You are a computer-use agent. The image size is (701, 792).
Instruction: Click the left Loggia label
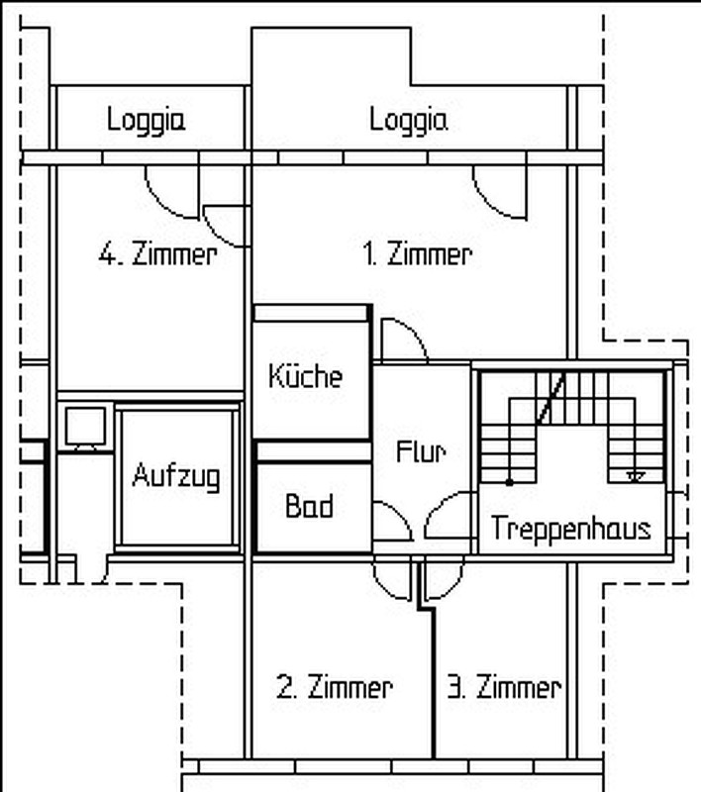coord(146,121)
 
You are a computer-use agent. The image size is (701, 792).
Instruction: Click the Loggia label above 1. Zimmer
coord(409,121)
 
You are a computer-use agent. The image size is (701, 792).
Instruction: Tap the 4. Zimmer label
coord(158,254)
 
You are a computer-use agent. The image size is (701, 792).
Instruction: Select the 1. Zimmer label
coord(418,254)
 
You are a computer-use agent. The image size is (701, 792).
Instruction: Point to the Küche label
coord(306,376)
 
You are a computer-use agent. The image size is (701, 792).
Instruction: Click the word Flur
coord(421,451)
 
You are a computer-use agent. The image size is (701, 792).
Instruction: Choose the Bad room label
coord(309,506)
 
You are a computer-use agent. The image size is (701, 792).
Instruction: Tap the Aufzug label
coord(176,476)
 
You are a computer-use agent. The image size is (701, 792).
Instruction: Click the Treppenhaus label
coord(570,529)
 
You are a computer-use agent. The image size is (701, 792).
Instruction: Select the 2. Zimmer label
coord(335,687)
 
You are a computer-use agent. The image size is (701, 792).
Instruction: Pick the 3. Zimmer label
coord(505,687)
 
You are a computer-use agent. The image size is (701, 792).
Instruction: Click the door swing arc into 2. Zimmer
coord(385,588)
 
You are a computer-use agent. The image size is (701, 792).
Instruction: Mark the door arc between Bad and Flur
coord(402,513)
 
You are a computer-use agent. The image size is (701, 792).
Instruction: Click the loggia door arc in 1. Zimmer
coord(487,205)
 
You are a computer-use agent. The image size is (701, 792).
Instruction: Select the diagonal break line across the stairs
coord(550,398)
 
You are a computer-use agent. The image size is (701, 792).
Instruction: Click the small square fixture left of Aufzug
coord(85,427)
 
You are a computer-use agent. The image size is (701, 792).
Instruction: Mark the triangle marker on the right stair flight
coord(636,476)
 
